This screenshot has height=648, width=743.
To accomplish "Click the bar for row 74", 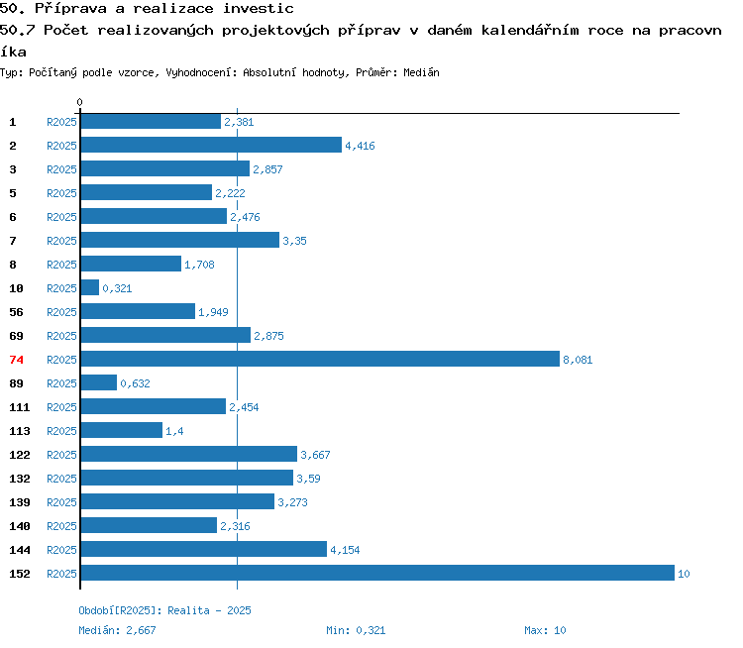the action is coord(320,359).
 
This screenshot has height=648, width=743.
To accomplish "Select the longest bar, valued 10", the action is coord(377,573).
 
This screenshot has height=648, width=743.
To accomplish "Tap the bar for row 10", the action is coord(90,287).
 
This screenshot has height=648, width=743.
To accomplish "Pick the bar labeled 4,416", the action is coord(211,145).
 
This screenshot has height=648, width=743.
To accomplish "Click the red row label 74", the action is coord(16,360).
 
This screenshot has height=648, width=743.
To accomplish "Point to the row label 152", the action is coord(20,574).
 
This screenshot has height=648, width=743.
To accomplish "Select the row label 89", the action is coord(16,383).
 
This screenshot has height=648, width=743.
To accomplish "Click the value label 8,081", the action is coord(578,360).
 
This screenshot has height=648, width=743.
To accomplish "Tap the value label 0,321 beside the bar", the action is coord(117,288).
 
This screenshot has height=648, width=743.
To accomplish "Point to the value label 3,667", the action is coord(315,455).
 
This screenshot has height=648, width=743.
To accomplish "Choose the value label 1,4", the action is coord(174,431).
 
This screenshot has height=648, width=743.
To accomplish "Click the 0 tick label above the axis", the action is coord(79,102).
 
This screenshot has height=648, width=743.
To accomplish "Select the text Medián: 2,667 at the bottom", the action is coord(117,630).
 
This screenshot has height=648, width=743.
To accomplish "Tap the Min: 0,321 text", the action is coord(356,630).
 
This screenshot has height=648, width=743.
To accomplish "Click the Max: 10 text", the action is coord(545,630).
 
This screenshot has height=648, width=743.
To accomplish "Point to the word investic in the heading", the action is coord(259,9).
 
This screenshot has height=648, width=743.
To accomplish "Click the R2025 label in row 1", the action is coord(61,122).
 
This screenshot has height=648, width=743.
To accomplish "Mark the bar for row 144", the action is coord(204,549).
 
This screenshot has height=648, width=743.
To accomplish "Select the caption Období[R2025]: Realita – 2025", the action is coord(164,610).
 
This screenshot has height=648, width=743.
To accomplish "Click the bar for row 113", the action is coord(122,430).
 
